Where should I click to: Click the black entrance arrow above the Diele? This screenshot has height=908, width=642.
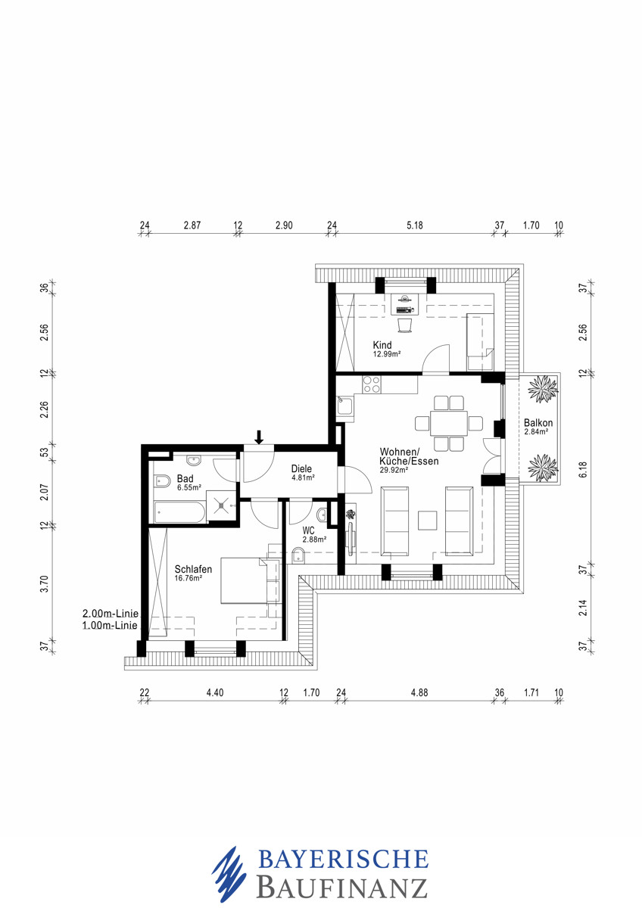[259, 437]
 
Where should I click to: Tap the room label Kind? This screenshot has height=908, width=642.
[382, 345]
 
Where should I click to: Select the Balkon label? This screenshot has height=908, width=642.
[538, 423]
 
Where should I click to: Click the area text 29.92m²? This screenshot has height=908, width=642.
[394, 470]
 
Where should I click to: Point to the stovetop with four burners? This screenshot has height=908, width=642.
[372, 384]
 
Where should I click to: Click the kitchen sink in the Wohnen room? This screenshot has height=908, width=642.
[345, 406]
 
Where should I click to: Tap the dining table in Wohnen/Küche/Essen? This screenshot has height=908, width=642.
[448, 423]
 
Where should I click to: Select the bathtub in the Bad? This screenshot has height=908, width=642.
[179, 512]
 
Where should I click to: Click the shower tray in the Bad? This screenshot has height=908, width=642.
[221, 505]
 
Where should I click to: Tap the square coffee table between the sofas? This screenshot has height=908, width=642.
[428, 521]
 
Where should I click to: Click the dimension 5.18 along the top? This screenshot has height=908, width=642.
[414, 225]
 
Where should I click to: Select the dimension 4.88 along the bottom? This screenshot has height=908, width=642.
[419, 693]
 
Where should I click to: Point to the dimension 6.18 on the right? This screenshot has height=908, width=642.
[583, 469]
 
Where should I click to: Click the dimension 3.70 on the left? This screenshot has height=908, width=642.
[45, 584]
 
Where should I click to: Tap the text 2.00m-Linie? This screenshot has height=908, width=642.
[111, 614]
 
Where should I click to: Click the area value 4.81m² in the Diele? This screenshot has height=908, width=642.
[304, 477]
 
